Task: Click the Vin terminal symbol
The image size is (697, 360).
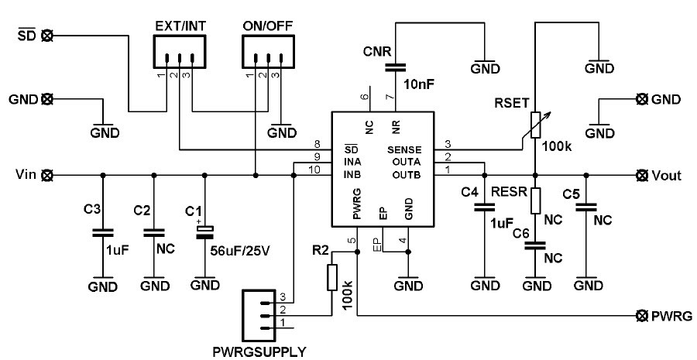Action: click(46, 176)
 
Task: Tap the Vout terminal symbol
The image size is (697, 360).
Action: click(641, 176)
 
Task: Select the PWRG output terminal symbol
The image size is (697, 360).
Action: click(641, 316)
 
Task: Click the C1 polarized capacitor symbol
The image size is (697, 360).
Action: click(204, 230)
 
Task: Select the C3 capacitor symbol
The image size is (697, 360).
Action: click(99, 231)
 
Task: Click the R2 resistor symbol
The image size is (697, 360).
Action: click(333, 276)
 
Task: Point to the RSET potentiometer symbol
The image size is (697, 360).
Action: click(535, 125)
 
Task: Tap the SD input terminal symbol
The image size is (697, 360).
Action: click(46, 35)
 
